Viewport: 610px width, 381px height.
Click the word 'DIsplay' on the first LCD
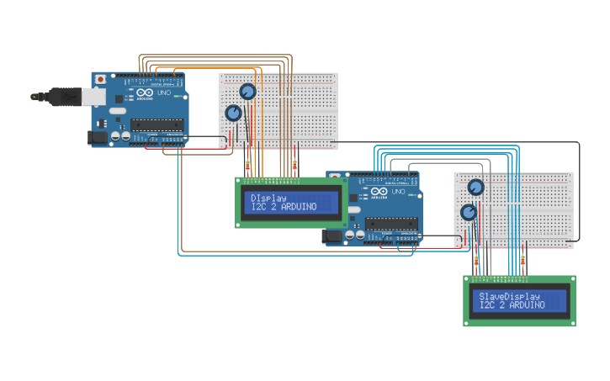(269, 198)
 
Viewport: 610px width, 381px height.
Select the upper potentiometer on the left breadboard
(247, 92)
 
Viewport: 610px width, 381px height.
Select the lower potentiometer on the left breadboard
(233, 113)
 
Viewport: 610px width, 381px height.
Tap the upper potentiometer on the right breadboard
(475, 188)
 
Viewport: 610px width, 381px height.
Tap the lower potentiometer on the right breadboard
(469, 212)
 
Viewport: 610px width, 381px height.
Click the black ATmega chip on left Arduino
(156, 125)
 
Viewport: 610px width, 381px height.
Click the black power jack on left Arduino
(99, 136)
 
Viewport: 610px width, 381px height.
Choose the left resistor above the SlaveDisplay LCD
(477, 262)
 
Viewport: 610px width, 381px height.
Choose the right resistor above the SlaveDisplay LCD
(523, 262)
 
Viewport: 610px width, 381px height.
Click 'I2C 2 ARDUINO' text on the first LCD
(284, 207)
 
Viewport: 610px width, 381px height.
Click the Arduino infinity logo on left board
(145, 94)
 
